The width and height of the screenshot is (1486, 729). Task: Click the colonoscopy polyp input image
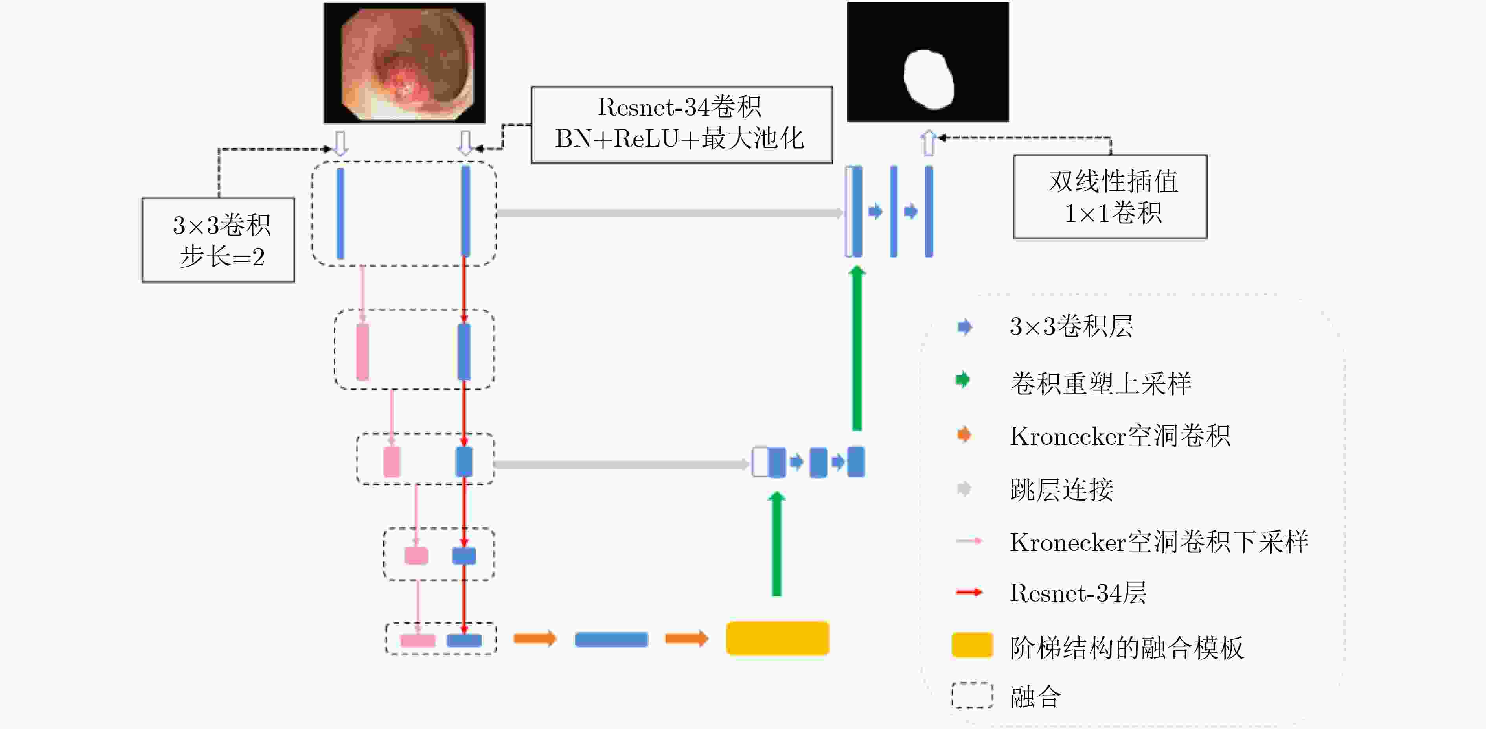coord(405,63)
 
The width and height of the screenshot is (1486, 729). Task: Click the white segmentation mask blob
coord(928,79)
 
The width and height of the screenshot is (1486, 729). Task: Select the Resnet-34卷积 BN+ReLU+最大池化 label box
coord(681,125)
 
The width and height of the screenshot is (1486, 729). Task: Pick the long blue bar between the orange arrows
coord(611,639)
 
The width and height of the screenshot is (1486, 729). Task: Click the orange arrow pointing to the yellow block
coord(686,639)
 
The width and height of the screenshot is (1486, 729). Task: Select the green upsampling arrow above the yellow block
coord(777,544)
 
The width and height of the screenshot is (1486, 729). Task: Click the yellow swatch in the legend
coord(972,645)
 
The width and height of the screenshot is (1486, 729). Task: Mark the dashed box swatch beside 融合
coord(972,696)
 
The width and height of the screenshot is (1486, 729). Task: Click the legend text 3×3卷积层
coord(1071,326)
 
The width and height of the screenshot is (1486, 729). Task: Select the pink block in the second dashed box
coord(363,352)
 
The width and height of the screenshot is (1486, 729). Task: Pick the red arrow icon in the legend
coord(969,592)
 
